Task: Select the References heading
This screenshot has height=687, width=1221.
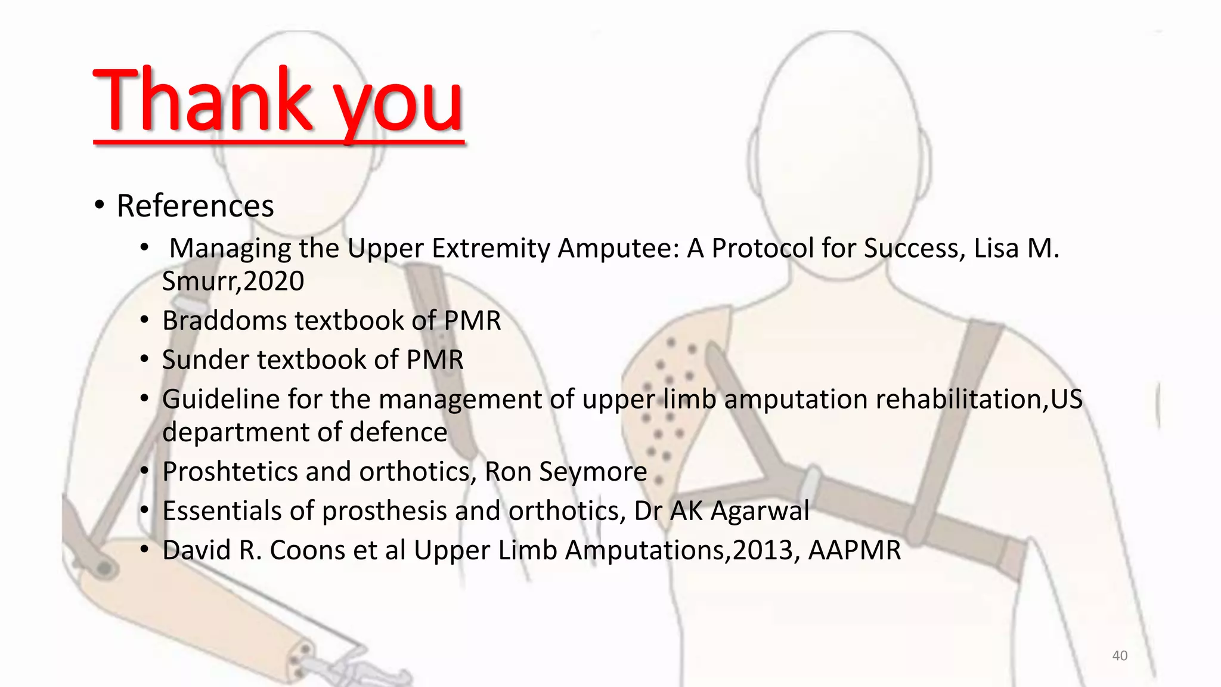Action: [x=195, y=206]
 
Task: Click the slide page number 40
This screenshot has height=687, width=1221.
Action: [x=1120, y=655]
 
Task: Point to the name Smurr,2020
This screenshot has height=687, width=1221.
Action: [x=233, y=281]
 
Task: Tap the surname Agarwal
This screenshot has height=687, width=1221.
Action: [x=760, y=511]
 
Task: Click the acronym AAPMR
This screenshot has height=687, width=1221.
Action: [x=854, y=550]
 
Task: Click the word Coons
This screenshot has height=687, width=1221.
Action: [x=307, y=550]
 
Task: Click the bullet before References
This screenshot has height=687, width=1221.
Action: [x=100, y=206]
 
